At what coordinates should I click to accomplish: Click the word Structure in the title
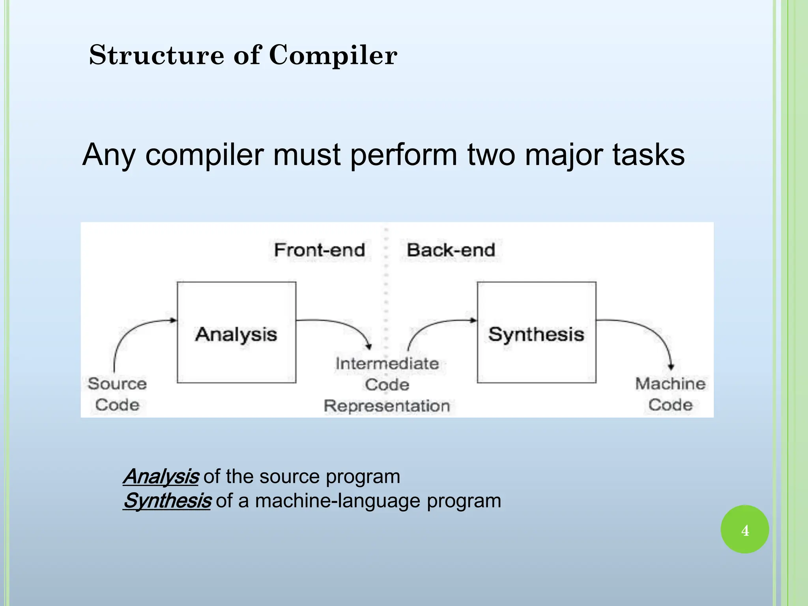click(156, 55)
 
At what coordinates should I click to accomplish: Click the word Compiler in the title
click(333, 55)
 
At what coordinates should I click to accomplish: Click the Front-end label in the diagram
click(319, 250)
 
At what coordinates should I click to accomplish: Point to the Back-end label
click(451, 250)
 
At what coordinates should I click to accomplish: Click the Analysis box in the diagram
click(236, 332)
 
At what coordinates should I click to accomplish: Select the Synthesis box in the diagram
click(536, 332)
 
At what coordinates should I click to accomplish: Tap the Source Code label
click(117, 394)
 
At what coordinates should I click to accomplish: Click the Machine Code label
click(670, 394)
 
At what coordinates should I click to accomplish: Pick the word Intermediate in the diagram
click(387, 363)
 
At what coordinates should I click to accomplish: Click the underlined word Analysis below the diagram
click(161, 477)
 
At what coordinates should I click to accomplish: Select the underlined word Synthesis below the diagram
click(167, 501)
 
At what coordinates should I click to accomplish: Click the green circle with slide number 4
click(744, 529)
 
